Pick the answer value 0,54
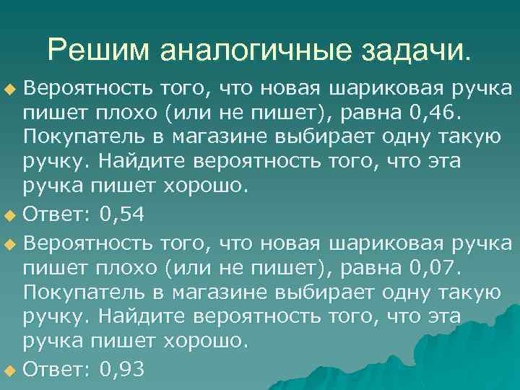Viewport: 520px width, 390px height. (123, 214)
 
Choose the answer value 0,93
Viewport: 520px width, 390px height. (123, 370)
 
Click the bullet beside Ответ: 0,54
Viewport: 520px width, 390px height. (9, 214)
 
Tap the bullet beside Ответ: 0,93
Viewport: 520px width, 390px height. (9, 370)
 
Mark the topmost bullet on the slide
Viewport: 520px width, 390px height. (9, 89)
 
